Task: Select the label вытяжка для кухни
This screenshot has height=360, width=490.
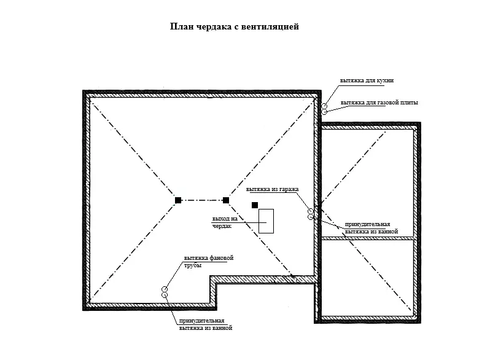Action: point(367,80)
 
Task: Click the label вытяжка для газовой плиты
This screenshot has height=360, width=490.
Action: point(379,103)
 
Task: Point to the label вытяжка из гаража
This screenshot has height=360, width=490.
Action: point(272,189)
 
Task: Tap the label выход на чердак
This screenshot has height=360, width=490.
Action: point(225,222)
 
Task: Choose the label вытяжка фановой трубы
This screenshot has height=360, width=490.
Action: point(209,262)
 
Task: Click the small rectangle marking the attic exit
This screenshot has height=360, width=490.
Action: point(266,209)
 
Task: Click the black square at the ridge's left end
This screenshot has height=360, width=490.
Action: point(178,200)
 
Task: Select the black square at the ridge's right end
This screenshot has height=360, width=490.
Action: point(225,200)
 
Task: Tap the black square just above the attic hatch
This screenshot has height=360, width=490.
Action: point(255,205)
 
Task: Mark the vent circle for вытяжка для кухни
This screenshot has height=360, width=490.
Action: point(325,106)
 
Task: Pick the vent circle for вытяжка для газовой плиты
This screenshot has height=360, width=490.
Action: point(324,112)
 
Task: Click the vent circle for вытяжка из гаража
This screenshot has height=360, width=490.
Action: point(311,211)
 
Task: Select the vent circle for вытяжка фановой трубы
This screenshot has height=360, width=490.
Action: point(165,289)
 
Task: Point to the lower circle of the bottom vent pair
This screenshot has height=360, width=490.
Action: point(165,295)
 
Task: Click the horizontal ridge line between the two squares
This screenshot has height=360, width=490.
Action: point(202,200)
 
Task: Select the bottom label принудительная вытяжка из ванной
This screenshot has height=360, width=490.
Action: point(206,324)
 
